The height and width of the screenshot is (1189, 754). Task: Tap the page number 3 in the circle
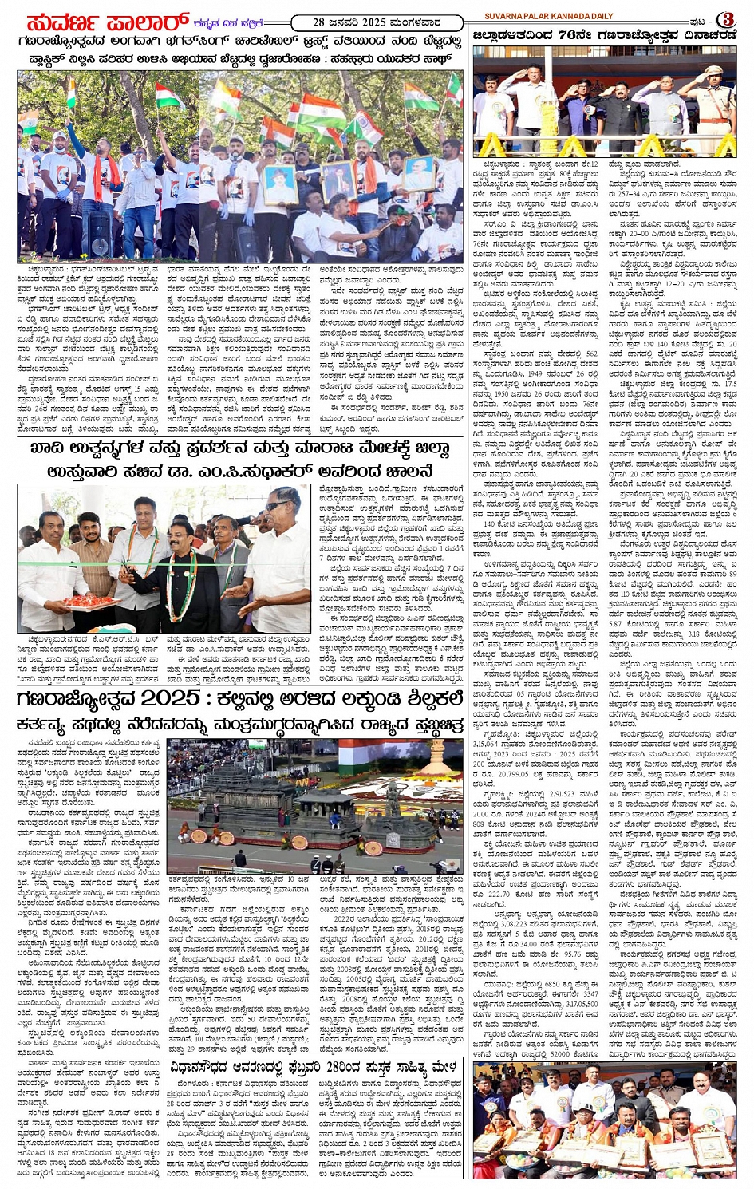[x=727, y=18]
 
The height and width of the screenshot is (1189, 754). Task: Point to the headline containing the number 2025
[x=239, y=698]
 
